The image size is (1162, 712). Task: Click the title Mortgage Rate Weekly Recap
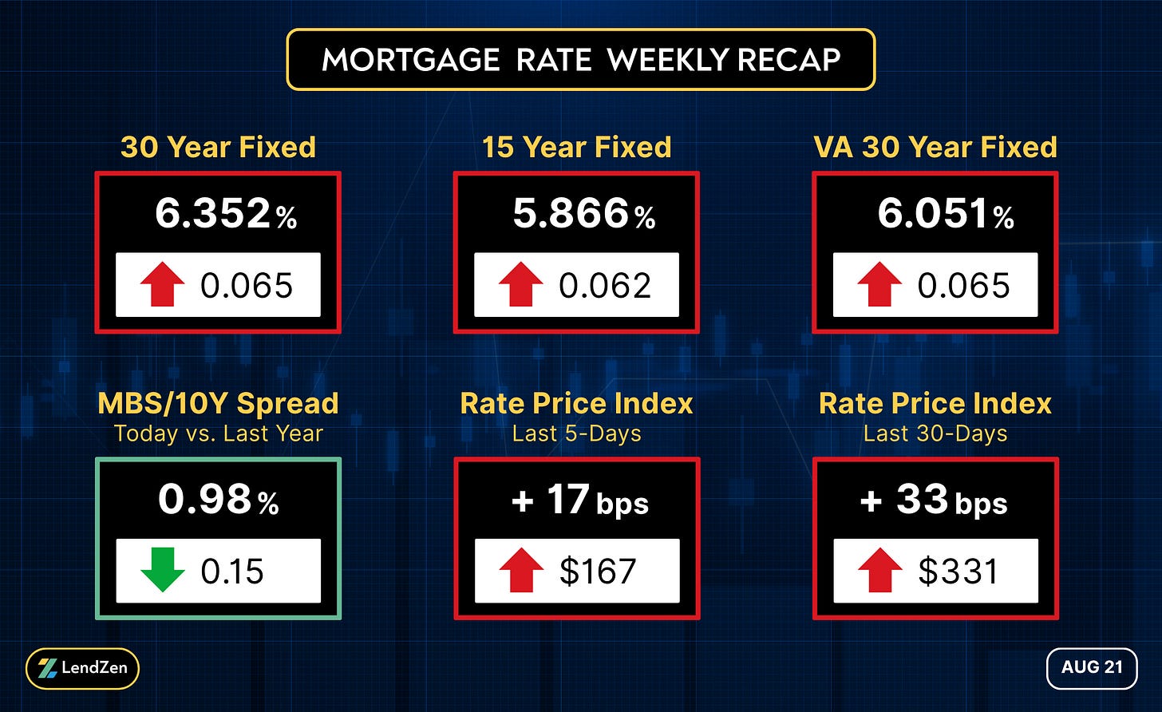click(581, 59)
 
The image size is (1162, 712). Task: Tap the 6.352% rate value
click(226, 213)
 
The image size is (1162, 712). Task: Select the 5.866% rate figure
click(584, 213)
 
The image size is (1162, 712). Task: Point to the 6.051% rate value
click(945, 213)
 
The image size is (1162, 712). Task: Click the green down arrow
click(162, 570)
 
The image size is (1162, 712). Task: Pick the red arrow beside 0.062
click(521, 284)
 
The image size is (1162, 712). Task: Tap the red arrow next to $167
click(521, 570)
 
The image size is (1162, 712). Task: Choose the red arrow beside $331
click(880, 570)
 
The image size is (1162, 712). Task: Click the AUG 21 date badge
click(1092, 668)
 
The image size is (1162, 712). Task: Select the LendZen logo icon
click(47, 668)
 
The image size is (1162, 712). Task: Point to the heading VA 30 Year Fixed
click(935, 147)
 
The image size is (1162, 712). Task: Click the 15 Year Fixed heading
click(576, 147)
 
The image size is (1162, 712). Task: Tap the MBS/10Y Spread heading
click(218, 404)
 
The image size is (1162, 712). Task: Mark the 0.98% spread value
click(219, 499)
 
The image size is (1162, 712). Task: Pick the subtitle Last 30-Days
click(935, 433)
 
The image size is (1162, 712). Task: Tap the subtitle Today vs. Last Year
click(219, 433)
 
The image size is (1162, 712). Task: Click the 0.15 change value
click(232, 572)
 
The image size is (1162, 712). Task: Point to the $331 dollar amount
click(958, 572)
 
